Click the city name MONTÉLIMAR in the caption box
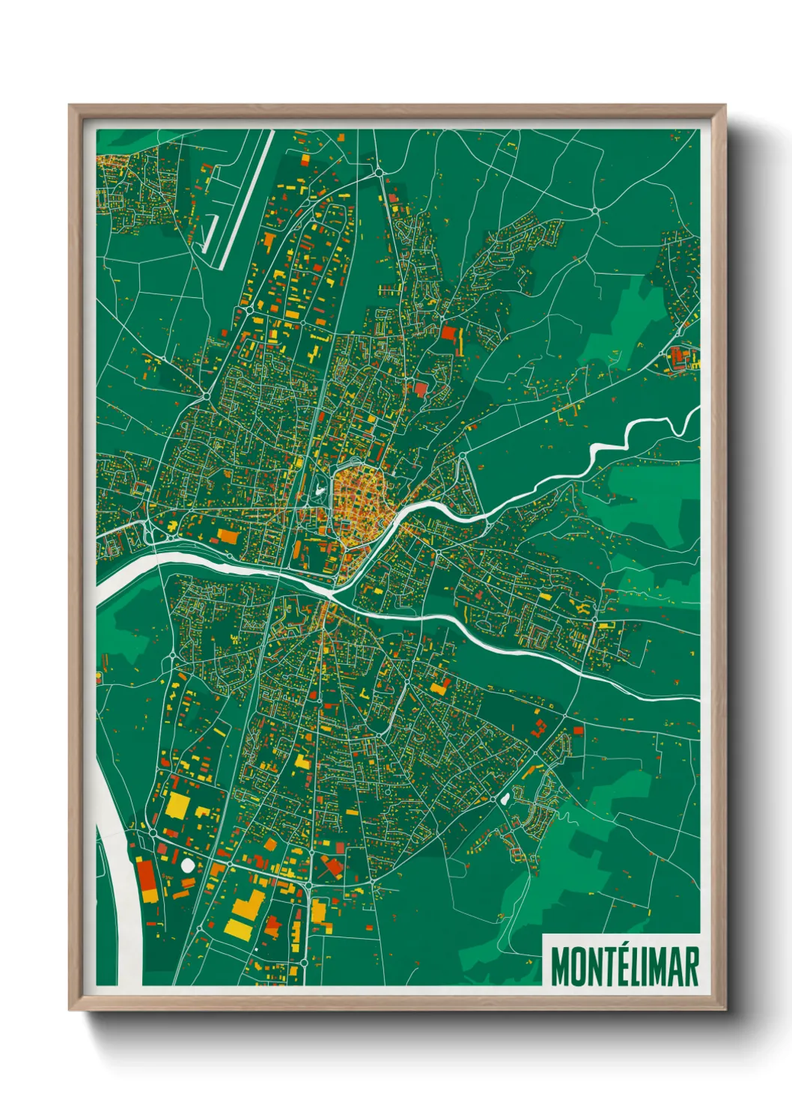click(x=624, y=967)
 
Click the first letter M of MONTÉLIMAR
click(x=560, y=967)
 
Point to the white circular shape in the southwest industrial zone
click(x=187, y=865)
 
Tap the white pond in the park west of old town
click(x=320, y=491)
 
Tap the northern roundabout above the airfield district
click(x=379, y=172)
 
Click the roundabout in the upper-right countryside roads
click(x=595, y=212)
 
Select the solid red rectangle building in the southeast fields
click(x=578, y=729)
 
